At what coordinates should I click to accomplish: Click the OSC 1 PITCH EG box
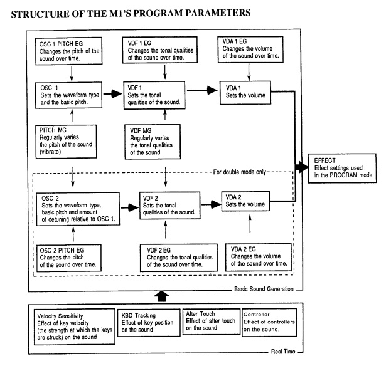pos(69,51)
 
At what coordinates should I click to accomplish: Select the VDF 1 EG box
pos(159,50)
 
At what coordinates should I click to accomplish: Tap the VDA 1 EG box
pos(250,50)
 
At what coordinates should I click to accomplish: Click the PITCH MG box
pos(66,142)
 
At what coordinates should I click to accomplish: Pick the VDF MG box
pos(153,142)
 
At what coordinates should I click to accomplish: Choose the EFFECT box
pos(342,169)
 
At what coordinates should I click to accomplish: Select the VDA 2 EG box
pos(259,257)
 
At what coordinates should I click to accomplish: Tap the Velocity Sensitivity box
pos(75,327)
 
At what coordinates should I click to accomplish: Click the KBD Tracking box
pos(149,323)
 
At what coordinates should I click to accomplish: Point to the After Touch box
pos(212,322)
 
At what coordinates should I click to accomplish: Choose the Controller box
pos(269,322)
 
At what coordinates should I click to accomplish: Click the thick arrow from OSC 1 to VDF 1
pos(113,93)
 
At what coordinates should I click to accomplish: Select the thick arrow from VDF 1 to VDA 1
pos(202,90)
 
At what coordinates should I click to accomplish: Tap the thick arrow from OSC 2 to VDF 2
pos(130,207)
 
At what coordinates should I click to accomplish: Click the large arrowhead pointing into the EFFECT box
pos(302,167)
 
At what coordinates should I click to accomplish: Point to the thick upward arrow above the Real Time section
pos(162,296)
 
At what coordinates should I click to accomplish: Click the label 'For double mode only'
pos(240,172)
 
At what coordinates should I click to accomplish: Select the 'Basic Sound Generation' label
pos(264,289)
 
